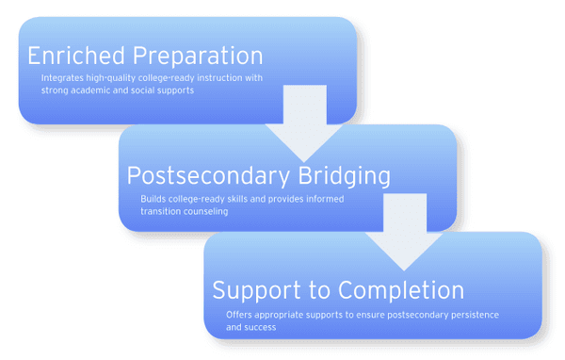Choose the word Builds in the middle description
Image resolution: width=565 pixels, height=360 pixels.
tap(154, 200)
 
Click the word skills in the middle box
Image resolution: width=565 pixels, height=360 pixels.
tap(234, 200)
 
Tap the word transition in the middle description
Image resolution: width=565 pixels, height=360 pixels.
tap(161, 212)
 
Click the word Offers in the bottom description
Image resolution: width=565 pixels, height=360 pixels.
tap(241, 314)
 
